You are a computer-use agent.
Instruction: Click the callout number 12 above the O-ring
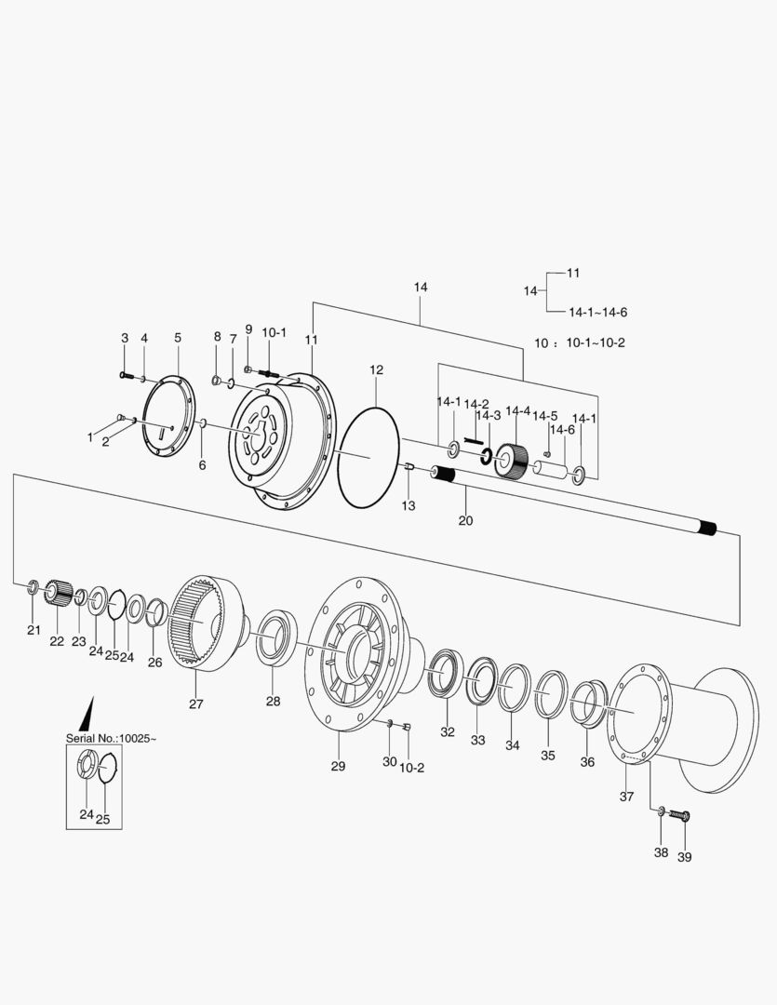point(376,369)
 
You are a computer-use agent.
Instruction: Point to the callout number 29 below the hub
point(338,766)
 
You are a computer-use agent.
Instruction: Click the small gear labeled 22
point(60,591)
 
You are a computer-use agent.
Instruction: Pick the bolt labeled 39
point(680,816)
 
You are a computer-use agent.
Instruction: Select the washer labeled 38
point(661,811)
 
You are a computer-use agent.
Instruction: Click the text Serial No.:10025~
point(111,738)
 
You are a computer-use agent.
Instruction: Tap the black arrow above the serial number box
point(87,715)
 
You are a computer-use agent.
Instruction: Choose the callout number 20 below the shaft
point(465,520)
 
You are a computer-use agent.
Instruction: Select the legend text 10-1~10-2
point(596,342)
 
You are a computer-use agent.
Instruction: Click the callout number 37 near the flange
point(626,797)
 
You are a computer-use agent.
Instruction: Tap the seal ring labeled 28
point(274,638)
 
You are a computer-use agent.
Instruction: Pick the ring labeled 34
point(513,688)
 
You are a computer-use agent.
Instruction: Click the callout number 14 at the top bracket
point(421,288)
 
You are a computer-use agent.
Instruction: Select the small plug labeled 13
point(409,468)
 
